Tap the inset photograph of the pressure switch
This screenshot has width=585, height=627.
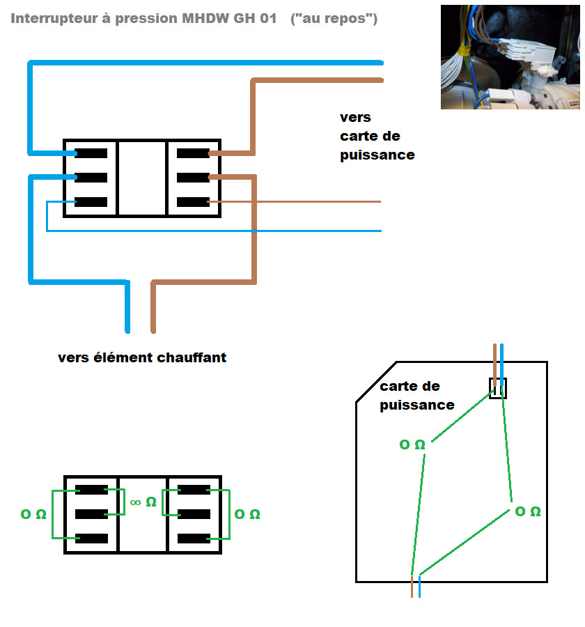click(x=510, y=56)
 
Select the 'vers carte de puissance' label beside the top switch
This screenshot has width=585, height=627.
click(x=377, y=136)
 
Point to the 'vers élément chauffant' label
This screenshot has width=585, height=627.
click(x=142, y=358)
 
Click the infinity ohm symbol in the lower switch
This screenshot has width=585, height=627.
click(x=143, y=501)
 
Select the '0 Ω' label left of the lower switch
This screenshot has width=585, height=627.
click(x=33, y=514)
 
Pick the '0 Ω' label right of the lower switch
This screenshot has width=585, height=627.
click(x=248, y=514)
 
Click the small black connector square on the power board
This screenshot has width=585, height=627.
click(x=498, y=388)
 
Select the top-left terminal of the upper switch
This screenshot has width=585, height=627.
click(x=91, y=153)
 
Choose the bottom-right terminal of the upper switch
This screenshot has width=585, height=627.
click(x=193, y=202)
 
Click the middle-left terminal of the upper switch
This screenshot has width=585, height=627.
click(x=91, y=177)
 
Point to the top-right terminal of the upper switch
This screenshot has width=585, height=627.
click(x=193, y=153)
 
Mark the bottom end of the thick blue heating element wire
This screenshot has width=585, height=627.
click(x=127, y=327)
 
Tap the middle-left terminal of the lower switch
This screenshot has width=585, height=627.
click(x=91, y=514)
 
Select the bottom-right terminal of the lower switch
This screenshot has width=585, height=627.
click(x=193, y=539)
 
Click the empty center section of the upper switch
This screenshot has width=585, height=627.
click(x=142, y=178)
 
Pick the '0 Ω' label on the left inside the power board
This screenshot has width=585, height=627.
click(x=412, y=444)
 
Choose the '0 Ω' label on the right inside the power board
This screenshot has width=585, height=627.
click(x=527, y=511)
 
